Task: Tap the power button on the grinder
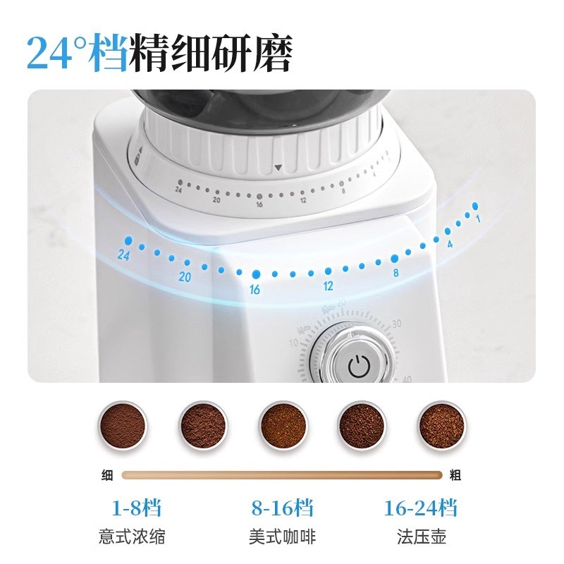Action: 359,364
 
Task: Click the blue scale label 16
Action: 255,290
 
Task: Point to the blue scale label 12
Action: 328,286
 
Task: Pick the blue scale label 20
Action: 185,277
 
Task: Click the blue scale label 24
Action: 125,255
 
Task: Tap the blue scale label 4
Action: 449,244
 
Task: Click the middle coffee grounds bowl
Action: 283,426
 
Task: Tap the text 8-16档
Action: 282,508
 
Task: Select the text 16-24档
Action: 420,508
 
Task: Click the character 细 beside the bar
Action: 108,475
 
